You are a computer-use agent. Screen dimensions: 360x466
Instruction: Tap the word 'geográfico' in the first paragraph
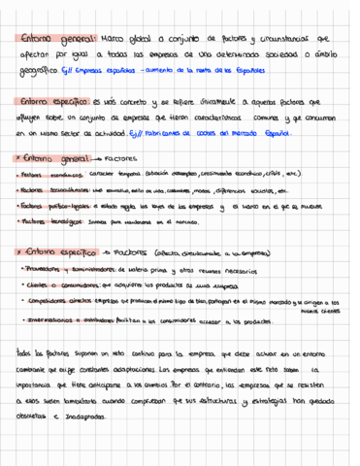(x=37, y=71)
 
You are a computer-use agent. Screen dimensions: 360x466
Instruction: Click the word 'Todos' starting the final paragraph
(x=30, y=355)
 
